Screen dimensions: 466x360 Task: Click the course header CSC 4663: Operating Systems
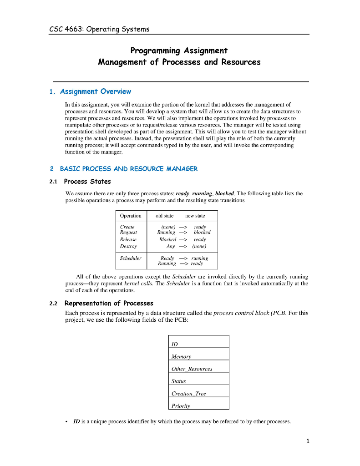click(x=99, y=29)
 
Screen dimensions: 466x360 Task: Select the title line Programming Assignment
click(x=179, y=51)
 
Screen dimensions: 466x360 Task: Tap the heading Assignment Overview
click(x=96, y=91)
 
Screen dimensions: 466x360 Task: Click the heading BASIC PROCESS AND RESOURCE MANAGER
click(x=129, y=169)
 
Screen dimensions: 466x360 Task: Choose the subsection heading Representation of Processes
click(x=109, y=303)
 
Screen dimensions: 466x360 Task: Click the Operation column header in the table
click(x=131, y=216)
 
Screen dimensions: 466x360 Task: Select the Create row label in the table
click(x=127, y=227)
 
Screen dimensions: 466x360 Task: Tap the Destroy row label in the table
click(x=128, y=246)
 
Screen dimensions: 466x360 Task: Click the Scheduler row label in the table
click(x=131, y=258)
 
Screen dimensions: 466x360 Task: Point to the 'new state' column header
click(x=195, y=216)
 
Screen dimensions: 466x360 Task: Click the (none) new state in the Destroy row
click(x=199, y=246)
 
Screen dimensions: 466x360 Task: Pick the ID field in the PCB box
click(x=174, y=344)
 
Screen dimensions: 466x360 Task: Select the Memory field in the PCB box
click(x=181, y=356)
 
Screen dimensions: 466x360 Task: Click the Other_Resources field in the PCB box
click(x=192, y=369)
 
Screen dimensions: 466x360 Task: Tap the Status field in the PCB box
click(x=178, y=381)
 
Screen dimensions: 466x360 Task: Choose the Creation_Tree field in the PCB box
click(x=188, y=394)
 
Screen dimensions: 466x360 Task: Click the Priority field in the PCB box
click(x=181, y=405)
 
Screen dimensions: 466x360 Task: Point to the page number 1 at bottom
click(x=308, y=441)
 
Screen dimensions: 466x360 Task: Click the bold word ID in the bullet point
click(x=76, y=421)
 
